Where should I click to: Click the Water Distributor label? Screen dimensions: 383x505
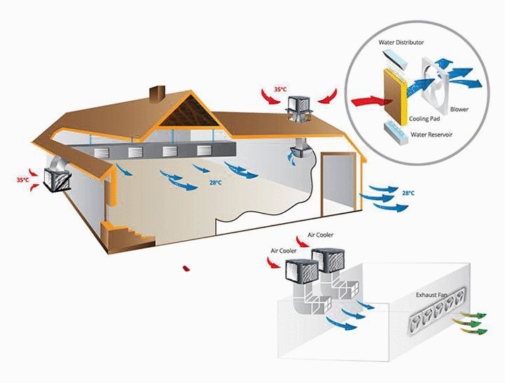(x=401, y=43)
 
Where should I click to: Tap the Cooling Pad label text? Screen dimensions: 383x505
(x=424, y=120)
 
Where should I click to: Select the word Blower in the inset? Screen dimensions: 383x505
(x=459, y=109)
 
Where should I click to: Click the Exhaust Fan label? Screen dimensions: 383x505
(x=431, y=295)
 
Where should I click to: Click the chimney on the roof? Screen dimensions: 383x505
(x=156, y=94)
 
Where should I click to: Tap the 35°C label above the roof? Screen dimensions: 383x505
(x=280, y=90)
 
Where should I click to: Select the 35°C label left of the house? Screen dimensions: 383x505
(x=23, y=180)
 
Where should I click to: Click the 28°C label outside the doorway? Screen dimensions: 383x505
(x=408, y=193)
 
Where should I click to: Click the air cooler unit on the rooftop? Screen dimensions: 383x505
(x=300, y=105)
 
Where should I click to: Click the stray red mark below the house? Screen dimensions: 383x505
(x=185, y=267)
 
